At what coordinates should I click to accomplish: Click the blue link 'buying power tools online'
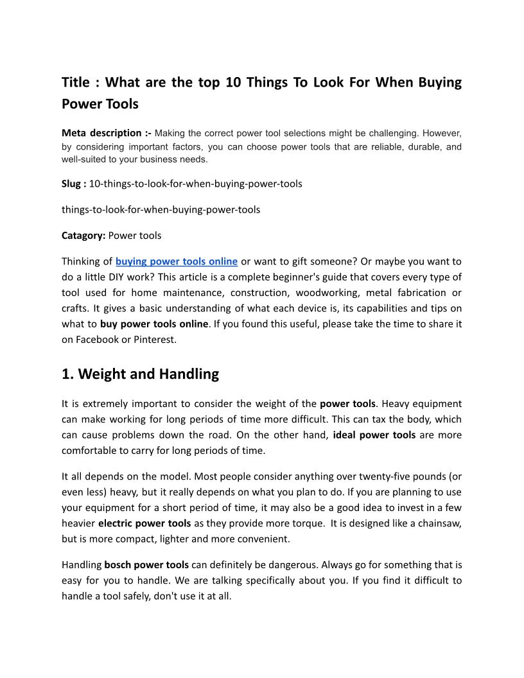coord(177,261)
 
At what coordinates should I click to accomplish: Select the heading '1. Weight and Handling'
coord(140,374)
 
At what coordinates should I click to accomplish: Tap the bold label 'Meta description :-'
coord(106,134)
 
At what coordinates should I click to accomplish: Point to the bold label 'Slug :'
coord(74,184)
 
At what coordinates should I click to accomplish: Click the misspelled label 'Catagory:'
coord(83,236)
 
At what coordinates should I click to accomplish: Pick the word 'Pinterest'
coord(154,340)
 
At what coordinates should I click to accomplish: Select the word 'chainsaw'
coord(441,523)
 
